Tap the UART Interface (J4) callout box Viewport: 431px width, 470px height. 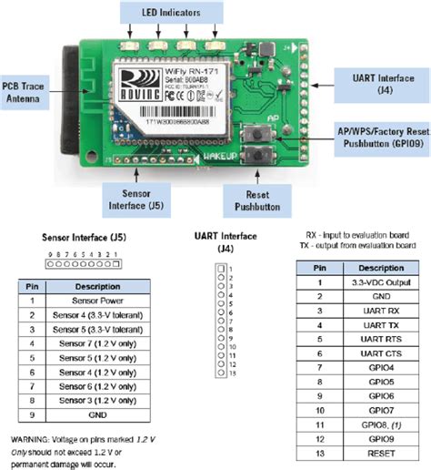(x=372, y=84)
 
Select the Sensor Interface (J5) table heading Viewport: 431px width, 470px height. (x=73, y=237)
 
